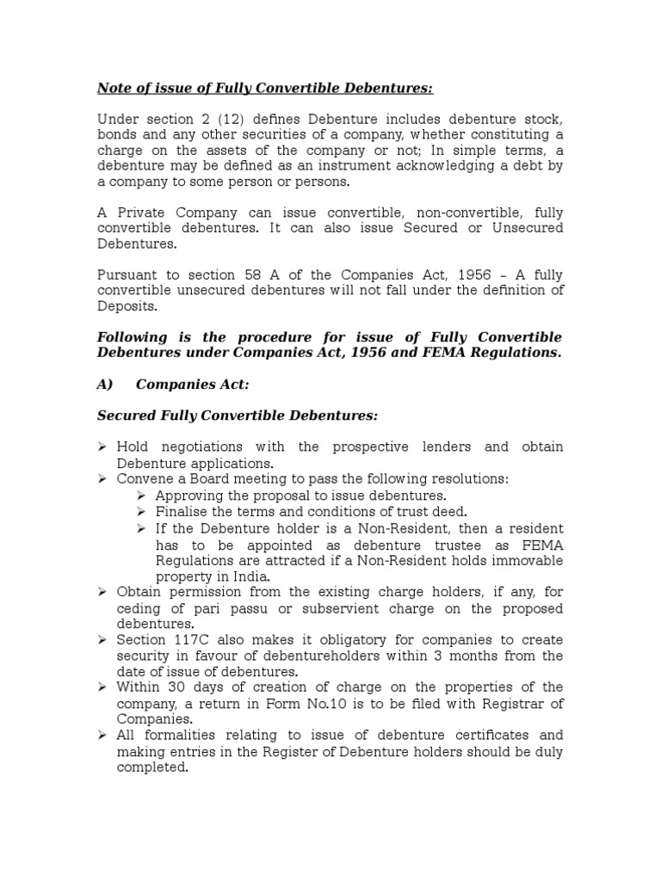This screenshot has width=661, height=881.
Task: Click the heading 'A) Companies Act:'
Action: (x=172, y=384)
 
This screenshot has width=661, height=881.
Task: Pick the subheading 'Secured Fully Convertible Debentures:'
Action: (x=237, y=416)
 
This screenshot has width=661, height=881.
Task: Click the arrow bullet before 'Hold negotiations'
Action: (x=102, y=447)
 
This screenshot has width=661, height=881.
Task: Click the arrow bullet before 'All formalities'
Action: (x=102, y=736)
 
